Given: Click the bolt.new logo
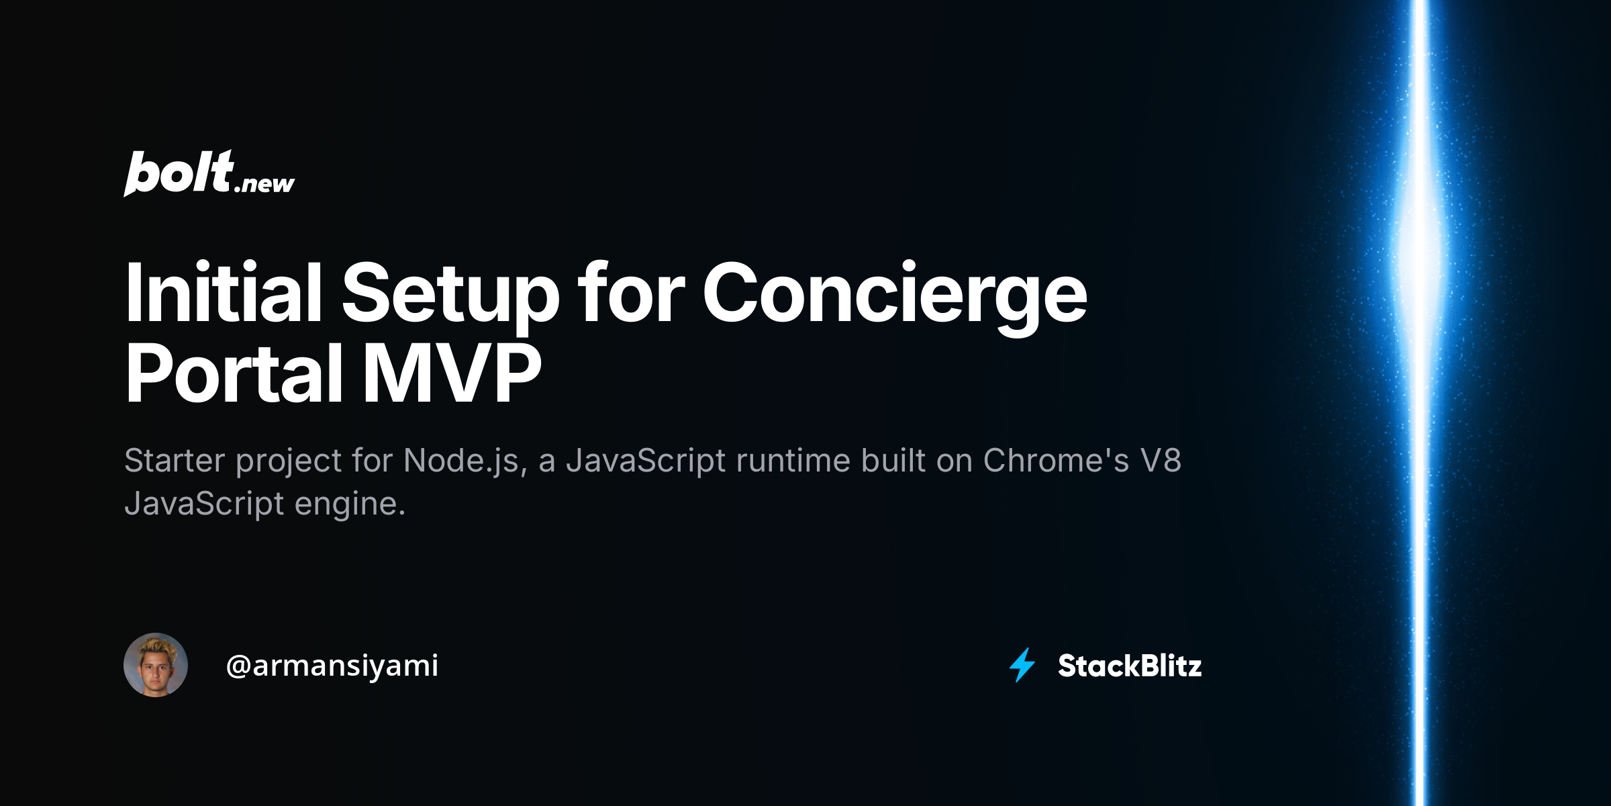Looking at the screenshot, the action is pos(209,173).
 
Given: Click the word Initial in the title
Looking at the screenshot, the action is pos(224,294).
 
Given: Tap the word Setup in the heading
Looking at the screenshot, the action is pos(450,298).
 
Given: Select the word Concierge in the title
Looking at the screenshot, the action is pos(895,298).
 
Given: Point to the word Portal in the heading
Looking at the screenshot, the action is pos(235,373).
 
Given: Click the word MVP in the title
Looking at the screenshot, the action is pos(452,373).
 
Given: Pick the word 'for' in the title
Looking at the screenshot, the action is pos(631,293).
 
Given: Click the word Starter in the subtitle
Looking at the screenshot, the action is pos(175,461).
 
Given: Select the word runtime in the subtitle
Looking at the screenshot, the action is pos(793,461).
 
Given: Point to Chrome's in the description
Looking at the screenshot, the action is pos(1056,461).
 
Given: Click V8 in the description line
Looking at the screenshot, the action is pos(1161,461).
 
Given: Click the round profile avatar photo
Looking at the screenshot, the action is pos(156,665).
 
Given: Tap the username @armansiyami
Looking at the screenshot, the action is pos(332,666).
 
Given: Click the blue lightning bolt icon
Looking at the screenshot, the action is pos(1022,665).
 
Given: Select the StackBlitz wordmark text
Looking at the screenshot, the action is pos(1130,666).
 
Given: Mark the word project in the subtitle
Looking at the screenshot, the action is pos(289,462).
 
